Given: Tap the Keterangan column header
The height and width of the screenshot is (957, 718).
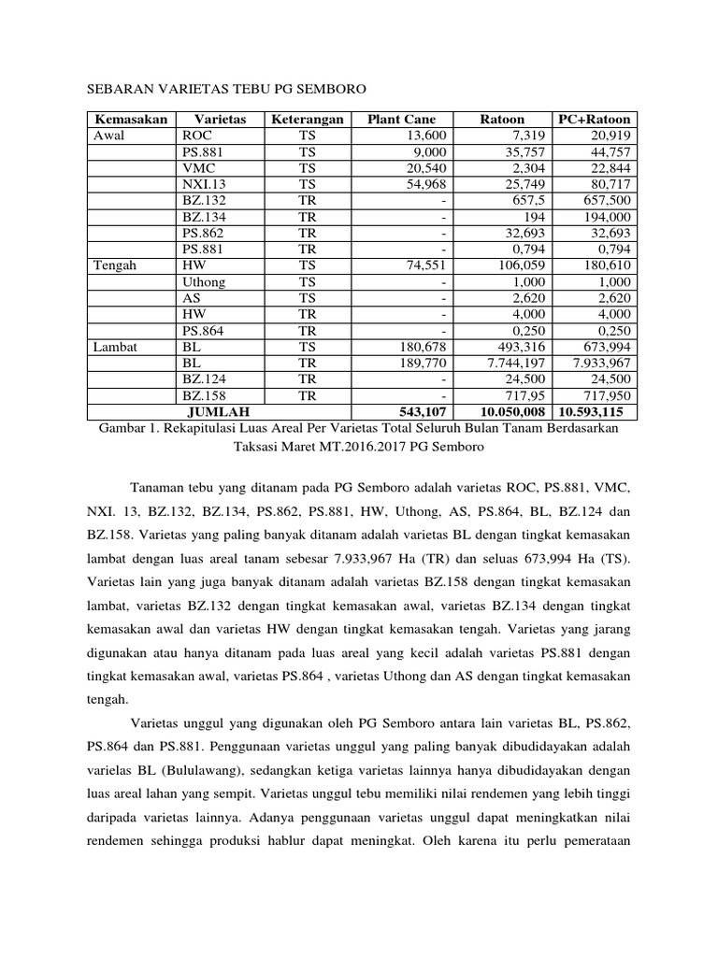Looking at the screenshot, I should coord(308,120).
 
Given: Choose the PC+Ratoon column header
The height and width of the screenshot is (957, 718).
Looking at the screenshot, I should coord(594,120).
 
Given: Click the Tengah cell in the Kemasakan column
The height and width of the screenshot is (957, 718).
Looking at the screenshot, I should coord(115,265).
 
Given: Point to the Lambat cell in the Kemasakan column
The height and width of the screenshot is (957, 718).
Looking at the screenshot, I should coord(116,347).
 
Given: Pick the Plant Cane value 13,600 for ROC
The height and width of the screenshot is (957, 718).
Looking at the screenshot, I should coord(426,136).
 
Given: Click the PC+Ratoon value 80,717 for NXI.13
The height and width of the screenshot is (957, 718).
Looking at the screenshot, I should coord(607,184).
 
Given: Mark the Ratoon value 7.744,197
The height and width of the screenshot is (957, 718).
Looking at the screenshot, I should coord(513,363).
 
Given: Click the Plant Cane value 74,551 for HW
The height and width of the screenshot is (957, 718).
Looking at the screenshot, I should coord(426,265).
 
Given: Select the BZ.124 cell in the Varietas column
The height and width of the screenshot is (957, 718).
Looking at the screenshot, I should coord(205,379).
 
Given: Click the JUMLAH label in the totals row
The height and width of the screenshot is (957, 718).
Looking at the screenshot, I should coord(219,411).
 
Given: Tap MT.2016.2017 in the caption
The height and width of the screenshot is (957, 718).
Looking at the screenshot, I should coord(380,447).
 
